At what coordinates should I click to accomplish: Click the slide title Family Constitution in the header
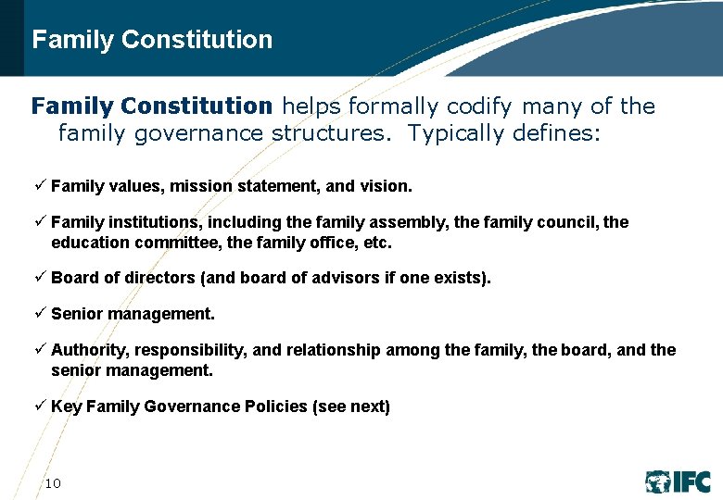[x=152, y=40]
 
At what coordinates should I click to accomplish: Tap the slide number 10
[x=53, y=483]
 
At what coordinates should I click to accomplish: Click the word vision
[x=385, y=187]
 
